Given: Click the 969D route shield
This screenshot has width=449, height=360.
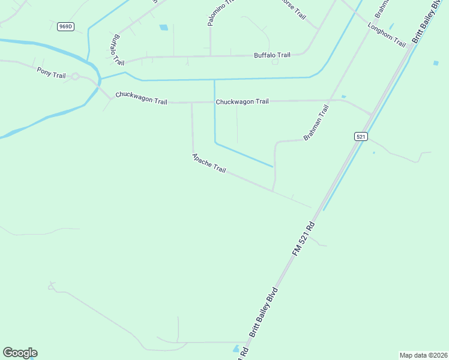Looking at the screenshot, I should point(66,26).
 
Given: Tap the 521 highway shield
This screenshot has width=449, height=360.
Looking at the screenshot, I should point(360,136).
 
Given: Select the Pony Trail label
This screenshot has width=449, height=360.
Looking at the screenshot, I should point(51,72).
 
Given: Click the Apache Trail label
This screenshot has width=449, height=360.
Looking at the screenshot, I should point(209,163).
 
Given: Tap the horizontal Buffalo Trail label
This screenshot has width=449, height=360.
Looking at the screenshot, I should point(272,55).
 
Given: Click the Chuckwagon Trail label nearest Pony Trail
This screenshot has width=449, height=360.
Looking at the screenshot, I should point(141,97).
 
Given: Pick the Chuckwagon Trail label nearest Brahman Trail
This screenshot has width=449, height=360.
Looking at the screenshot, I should point(242,101).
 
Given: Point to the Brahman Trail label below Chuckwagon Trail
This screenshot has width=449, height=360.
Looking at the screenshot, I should point(316,123).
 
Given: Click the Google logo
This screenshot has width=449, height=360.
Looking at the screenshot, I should point(20,353).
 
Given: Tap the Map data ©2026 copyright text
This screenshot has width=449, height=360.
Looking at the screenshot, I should point(423,355).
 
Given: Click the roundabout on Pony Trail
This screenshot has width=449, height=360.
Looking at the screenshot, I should point(75,76).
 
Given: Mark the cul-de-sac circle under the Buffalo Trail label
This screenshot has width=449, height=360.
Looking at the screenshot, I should point(275,62).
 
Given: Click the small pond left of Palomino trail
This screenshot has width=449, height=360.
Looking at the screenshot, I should point(163,27).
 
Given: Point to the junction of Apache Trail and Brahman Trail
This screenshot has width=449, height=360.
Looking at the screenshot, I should point(274,191).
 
